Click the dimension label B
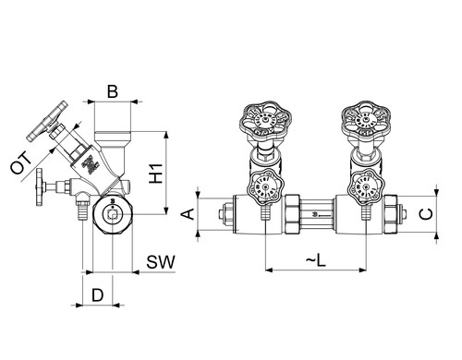pos(113,91)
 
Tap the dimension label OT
pos(20,162)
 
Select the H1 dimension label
pos(156,174)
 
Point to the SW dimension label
pos(161,262)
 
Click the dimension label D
pos(98,295)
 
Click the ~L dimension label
pos(316,260)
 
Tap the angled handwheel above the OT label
pos(47,121)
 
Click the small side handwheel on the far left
pos(40,187)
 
